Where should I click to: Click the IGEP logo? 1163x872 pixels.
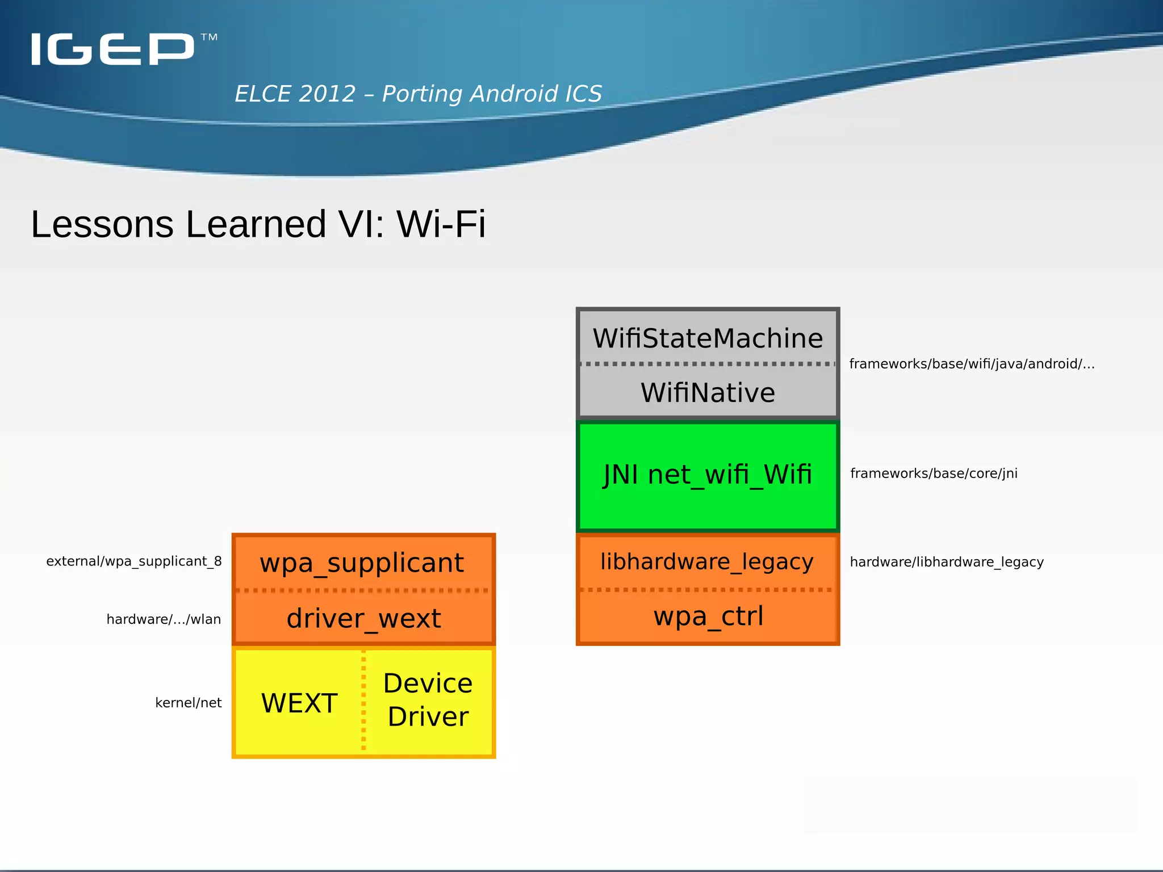[x=112, y=49]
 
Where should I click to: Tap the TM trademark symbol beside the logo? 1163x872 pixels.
[x=209, y=37]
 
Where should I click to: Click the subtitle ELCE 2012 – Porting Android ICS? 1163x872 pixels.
[x=418, y=94]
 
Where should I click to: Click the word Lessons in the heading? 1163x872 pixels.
[x=102, y=224]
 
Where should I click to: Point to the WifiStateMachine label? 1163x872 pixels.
[x=708, y=338]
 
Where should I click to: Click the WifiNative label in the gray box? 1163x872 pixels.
[x=708, y=393]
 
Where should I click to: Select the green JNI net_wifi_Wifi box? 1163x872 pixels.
[x=708, y=476]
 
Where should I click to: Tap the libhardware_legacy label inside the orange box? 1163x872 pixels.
[x=707, y=561]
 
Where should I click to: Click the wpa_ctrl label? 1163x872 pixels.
[x=708, y=617]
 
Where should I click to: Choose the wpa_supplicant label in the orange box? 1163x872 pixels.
[x=362, y=563]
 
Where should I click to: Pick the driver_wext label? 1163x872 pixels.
[x=363, y=618]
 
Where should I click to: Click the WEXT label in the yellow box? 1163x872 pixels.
[x=299, y=703]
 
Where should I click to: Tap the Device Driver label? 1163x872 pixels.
[x=428, y=700]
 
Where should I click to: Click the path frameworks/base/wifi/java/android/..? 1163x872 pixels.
[x=972, y=364]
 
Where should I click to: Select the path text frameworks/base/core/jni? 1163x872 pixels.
[x=934, y=473]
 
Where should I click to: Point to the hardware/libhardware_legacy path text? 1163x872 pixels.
[x=947, y=562]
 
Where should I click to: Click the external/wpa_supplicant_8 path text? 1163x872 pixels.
[x=134, y=561]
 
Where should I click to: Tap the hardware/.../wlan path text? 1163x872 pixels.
[x=164, y=619]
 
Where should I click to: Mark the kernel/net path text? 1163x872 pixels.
[x=188, y=703]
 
